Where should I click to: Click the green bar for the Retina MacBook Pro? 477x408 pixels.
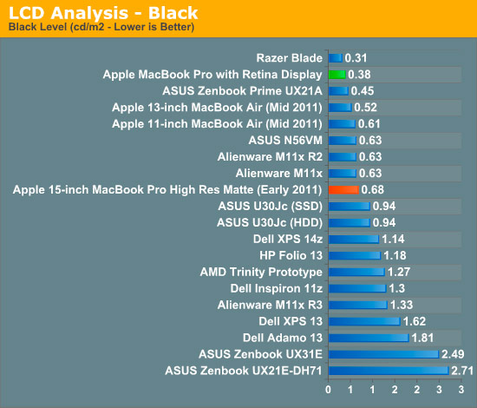click(337, 75)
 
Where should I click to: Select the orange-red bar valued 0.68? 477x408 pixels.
click(343, 190)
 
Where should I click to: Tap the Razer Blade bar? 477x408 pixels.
click(336, 58)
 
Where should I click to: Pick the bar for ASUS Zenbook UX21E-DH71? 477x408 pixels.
click(389, 371)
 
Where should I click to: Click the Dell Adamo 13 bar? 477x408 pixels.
click(369, 338)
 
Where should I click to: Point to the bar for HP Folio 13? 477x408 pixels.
click(355, 255)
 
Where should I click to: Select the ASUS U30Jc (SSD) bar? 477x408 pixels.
click(350, 206)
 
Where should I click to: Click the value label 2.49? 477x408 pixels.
click(453, 354)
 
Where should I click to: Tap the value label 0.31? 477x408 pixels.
click(356, 58)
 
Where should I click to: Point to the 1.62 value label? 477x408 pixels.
click(415, 321)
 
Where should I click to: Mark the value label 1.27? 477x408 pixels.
click(399, 272)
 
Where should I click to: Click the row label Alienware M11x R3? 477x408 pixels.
click(270, 305)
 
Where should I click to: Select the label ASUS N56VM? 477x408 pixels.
click(285, 141)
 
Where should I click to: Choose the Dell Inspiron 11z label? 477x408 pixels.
click(276, 288)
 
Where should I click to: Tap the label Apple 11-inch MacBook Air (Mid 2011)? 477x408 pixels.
click(217, 124)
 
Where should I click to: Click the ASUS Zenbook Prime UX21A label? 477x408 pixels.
click(242, 91)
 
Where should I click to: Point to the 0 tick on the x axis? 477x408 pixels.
click(328, 390)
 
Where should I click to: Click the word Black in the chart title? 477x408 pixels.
click(173, 13)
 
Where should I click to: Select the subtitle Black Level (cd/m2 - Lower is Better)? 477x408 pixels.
click(101, 27)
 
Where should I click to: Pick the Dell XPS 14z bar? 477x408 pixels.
click(354, 239)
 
